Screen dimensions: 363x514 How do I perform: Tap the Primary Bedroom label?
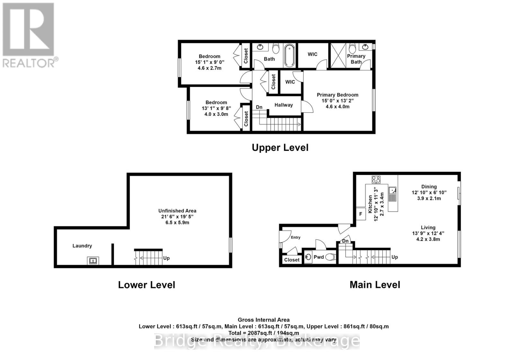337,95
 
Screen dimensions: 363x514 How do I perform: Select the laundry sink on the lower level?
93,261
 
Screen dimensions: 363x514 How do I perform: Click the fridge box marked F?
361,214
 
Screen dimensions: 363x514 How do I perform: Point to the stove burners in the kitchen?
376,179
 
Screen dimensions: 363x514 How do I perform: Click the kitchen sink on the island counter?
392,192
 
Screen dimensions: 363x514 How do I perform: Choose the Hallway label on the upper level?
283,105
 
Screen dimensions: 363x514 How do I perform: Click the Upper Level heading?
280,148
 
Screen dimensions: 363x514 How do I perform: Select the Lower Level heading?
146,285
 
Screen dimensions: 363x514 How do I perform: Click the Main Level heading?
375,285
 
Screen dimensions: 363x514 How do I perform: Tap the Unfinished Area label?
177,211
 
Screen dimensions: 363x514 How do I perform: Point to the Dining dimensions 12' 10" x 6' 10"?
429,193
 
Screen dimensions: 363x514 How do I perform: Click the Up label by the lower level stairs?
166,258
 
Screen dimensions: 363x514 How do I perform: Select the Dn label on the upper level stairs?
259,107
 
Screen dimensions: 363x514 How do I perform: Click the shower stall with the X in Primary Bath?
338,56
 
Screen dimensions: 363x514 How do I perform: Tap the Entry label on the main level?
296,238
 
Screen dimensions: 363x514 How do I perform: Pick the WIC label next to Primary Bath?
312,54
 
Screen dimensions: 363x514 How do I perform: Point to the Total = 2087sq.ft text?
263,333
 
